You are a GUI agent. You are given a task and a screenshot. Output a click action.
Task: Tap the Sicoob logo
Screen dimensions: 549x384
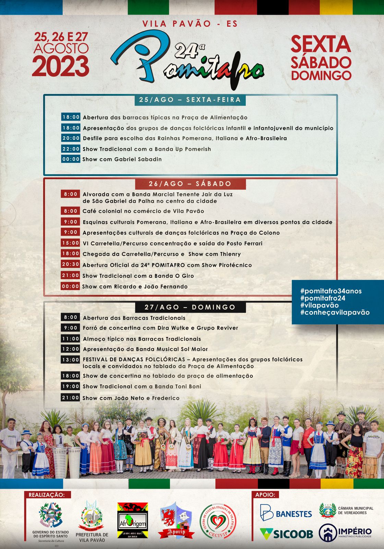286,534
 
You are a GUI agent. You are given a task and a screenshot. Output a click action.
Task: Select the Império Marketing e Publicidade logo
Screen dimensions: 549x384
345,533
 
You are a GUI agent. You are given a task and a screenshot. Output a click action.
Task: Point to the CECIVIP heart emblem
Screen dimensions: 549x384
218,521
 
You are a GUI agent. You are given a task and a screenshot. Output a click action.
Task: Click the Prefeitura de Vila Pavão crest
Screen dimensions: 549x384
92,516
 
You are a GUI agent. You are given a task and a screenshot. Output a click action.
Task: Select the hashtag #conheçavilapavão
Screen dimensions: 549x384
335,312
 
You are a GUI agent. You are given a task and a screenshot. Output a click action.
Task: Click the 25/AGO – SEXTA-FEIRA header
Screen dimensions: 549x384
190,100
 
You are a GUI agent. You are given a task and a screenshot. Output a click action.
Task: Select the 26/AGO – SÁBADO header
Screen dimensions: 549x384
190,184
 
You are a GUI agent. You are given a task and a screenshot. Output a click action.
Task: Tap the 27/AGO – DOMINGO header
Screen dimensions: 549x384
190,307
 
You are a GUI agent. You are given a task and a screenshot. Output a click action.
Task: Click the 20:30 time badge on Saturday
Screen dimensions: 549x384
71,265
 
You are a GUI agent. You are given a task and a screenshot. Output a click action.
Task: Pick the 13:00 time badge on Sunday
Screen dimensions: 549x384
71,360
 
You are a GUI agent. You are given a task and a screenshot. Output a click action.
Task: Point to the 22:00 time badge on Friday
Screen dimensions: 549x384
71,149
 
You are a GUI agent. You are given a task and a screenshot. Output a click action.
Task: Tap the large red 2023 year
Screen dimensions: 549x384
61,66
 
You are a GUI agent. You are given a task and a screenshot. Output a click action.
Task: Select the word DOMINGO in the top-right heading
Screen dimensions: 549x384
321,75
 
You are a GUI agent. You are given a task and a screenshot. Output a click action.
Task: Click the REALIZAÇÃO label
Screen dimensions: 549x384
46,495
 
